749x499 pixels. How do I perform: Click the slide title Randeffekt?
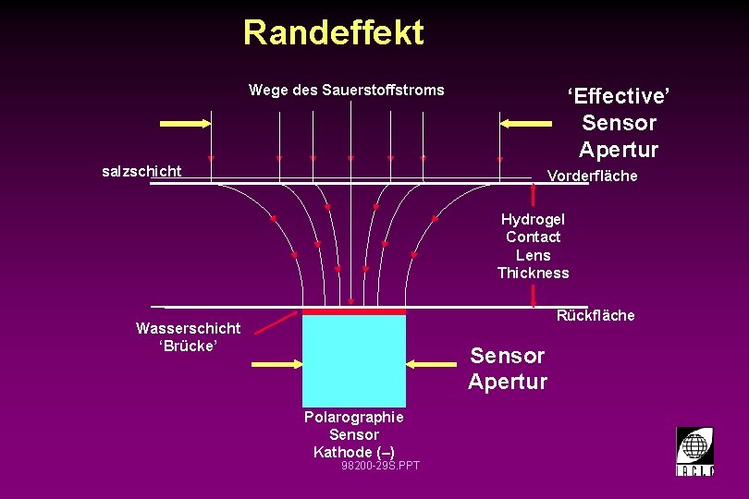click(x=333, y=33)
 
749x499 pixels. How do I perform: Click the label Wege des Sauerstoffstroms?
click(x=346, y=90)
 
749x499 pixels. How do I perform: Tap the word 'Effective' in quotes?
click(x=619, y=96)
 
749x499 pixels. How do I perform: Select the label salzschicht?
click(x=141, y=171)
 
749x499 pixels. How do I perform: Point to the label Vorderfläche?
click(x=592, y=176)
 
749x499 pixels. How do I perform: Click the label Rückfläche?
click(x=595, y=315)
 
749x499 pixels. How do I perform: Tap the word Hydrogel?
click(x=533, y=219)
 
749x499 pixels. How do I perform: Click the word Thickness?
click(x=533, y=273)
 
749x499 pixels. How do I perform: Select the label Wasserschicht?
click(x=188, y=328)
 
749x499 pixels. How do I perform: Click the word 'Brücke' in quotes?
click(x=188, y=346)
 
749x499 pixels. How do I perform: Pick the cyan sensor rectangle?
click(x=353, y=361)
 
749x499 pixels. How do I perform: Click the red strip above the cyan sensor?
click(x=353, y=312)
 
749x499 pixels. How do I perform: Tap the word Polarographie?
click(x=353, y=417)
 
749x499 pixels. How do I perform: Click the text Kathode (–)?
click(x=353, y=452)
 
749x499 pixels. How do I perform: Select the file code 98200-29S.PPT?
click(x=380, y=466)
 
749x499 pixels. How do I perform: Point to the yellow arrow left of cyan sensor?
click(x=276, y=365)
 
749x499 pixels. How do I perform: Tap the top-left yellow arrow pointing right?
click(x=186, y=123)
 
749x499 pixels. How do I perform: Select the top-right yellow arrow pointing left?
click(x=525, y=123)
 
